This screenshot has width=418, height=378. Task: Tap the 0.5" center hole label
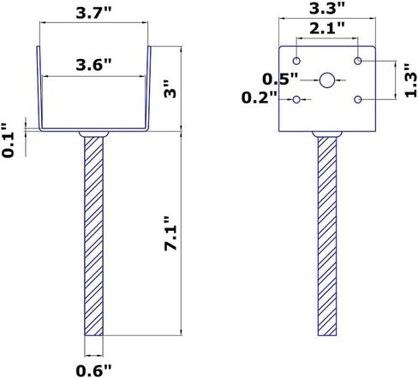[281, 80]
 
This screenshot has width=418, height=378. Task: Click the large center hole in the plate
[327, 80]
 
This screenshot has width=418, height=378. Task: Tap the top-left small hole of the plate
[296, 62]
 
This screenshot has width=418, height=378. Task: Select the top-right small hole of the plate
[359, 62]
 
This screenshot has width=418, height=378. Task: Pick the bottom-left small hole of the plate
[296, 100]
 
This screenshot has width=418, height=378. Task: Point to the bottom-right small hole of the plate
[359, 100]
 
